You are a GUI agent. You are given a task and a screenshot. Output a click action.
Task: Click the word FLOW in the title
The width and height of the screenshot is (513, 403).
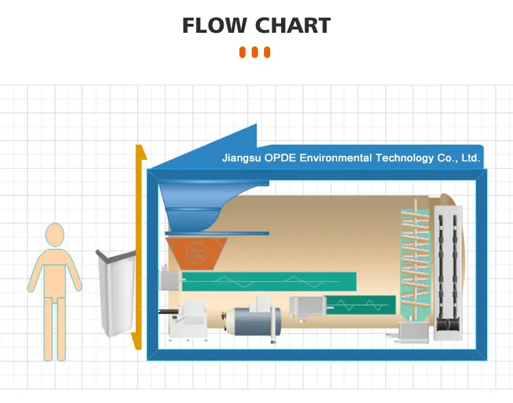215,26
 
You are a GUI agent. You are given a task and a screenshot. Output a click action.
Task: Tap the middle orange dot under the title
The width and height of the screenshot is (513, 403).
255,53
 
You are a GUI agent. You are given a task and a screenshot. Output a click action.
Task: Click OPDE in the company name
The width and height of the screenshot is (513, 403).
280,158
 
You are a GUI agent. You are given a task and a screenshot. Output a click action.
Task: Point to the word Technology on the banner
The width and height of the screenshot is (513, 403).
405,158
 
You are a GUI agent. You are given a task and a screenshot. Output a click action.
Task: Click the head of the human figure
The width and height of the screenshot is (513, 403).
55,235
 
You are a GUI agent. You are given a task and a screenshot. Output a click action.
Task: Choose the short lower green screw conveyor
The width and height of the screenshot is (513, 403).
360,305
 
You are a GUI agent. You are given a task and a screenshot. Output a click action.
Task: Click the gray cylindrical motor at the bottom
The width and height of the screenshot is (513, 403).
254,322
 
